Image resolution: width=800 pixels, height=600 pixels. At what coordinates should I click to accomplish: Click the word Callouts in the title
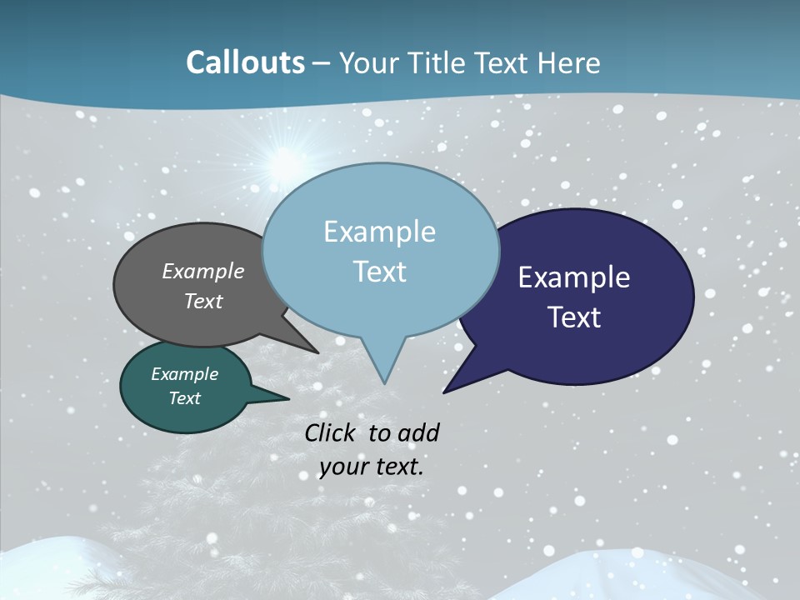(x=245, y=62)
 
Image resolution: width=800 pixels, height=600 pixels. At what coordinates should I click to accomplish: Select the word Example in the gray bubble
(x=203, y=271)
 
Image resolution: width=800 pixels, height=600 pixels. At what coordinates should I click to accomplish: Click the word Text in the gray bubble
(x=203, y=301)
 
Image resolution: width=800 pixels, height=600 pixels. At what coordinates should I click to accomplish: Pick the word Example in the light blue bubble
(x=379, y=232)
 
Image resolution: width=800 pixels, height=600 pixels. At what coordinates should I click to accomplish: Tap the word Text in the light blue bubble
(x=379, y=272)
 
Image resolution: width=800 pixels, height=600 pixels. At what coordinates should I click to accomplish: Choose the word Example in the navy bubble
(x=574, y=277)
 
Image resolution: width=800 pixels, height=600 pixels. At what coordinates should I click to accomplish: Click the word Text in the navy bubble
(x=574, y=317)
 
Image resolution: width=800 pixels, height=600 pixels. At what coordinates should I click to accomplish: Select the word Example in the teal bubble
(x=184, y=374)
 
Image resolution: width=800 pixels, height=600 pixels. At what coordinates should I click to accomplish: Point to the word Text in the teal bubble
(x=184, y=398)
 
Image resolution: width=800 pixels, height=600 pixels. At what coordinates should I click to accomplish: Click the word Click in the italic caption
(x=332, y=432)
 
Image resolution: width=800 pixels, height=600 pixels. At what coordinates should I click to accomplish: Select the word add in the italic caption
(x=417, y=432)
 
